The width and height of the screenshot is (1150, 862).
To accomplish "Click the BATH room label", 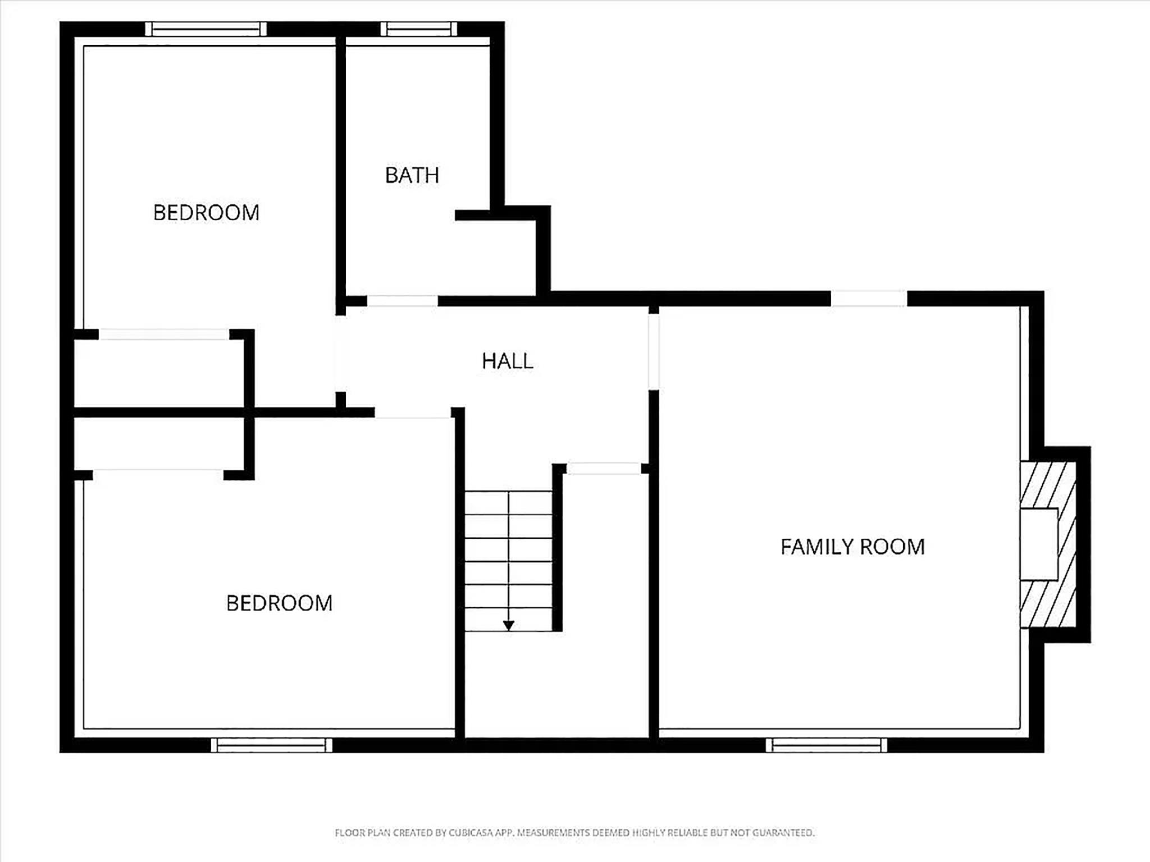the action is (412, 175).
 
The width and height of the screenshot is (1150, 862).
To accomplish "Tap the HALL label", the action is (508, 361).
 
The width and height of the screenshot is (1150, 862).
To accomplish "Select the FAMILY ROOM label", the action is (852, 547).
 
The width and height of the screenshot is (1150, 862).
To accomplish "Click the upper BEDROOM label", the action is (206, 213).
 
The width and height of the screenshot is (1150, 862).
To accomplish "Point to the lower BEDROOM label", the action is (279, 603).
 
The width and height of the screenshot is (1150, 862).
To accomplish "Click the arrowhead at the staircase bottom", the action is (509, 626).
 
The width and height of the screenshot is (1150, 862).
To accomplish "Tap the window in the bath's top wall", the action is (419, 29).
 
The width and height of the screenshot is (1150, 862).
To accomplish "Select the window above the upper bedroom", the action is (206, 29).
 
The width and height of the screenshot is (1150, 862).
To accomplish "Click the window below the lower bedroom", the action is (272, 745).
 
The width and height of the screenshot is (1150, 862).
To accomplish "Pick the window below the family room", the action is (827, 745).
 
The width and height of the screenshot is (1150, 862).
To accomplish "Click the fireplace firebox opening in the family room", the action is (1039, 544).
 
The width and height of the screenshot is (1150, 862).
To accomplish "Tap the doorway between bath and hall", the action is (403, 301).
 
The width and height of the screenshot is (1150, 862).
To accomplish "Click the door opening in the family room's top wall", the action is (869, 299).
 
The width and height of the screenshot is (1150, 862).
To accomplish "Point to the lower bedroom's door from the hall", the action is (413, 413).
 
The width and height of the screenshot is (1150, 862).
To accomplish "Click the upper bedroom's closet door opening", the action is (164, 334).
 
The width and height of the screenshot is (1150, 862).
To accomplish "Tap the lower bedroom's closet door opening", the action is (158, 475).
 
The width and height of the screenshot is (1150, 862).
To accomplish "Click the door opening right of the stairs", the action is (604, 469).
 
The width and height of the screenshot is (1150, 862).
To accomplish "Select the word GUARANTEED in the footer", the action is (783, 833).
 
